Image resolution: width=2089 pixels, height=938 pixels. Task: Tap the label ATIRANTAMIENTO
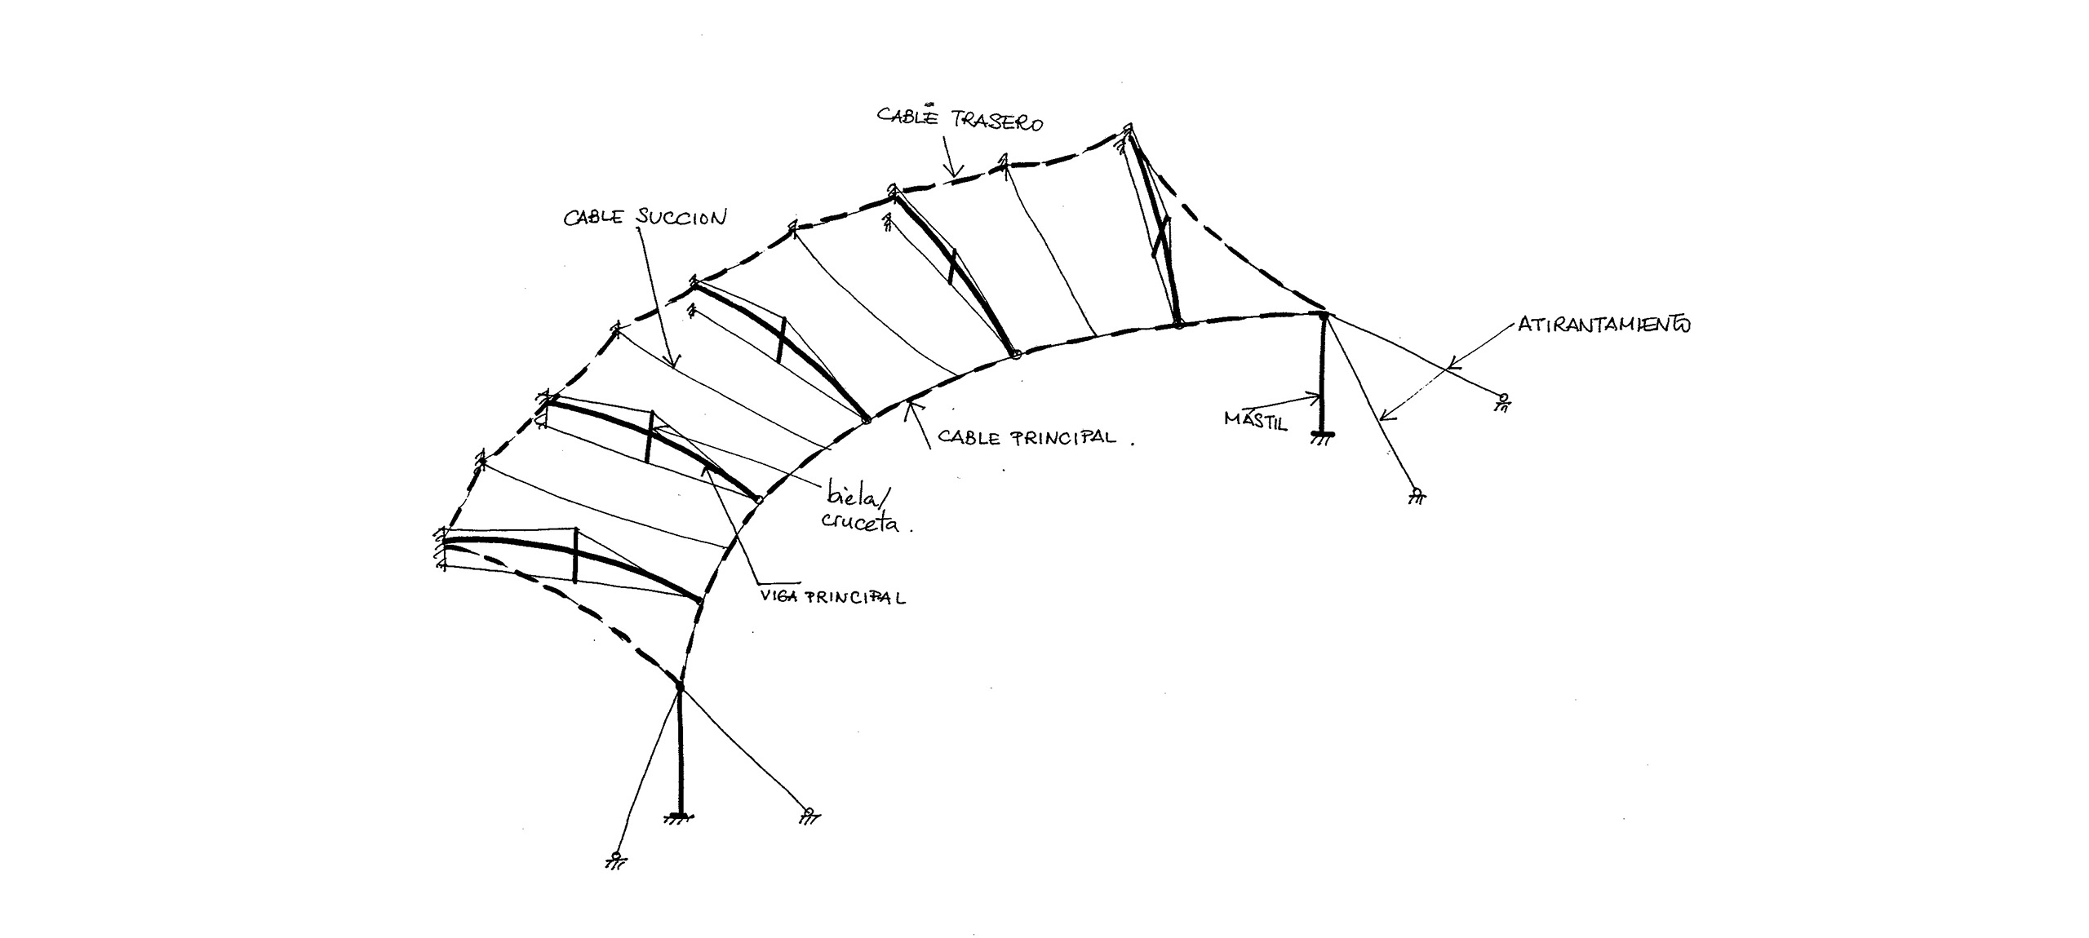coord(1603,324)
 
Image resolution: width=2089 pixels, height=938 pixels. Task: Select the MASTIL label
coord(1255,420)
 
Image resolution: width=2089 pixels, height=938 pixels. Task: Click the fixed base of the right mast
coord(1323,436)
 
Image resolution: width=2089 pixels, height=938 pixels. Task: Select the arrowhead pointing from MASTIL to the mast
coord(1315,399)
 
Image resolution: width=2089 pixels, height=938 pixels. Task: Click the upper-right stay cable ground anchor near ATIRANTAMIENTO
coord(1502,402)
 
